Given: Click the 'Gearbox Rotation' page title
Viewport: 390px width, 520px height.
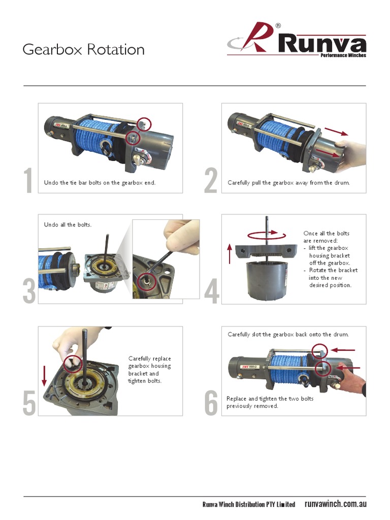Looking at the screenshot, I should tap(83, 50).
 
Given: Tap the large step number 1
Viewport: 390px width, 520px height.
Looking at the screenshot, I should tap(29, 181).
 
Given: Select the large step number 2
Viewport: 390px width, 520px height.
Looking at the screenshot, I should tap(211, 181).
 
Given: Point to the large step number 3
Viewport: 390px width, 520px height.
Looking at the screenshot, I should tap(29, 292).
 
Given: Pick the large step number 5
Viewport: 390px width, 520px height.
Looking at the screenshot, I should tap(29, 404).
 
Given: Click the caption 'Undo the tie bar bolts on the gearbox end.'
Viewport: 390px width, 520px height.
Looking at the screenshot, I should tap(100, 183).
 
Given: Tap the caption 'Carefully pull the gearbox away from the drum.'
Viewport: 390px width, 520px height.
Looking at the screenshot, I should tap(288, 183).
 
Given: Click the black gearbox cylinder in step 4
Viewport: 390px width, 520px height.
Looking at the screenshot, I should tap(266, 280).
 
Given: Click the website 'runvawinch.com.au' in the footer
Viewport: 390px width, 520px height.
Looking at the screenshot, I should tap(335, 504).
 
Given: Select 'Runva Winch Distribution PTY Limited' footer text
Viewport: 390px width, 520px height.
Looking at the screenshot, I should tap(248, 505).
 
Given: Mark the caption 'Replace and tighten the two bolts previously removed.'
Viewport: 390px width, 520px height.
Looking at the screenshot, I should tap(270, 402).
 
